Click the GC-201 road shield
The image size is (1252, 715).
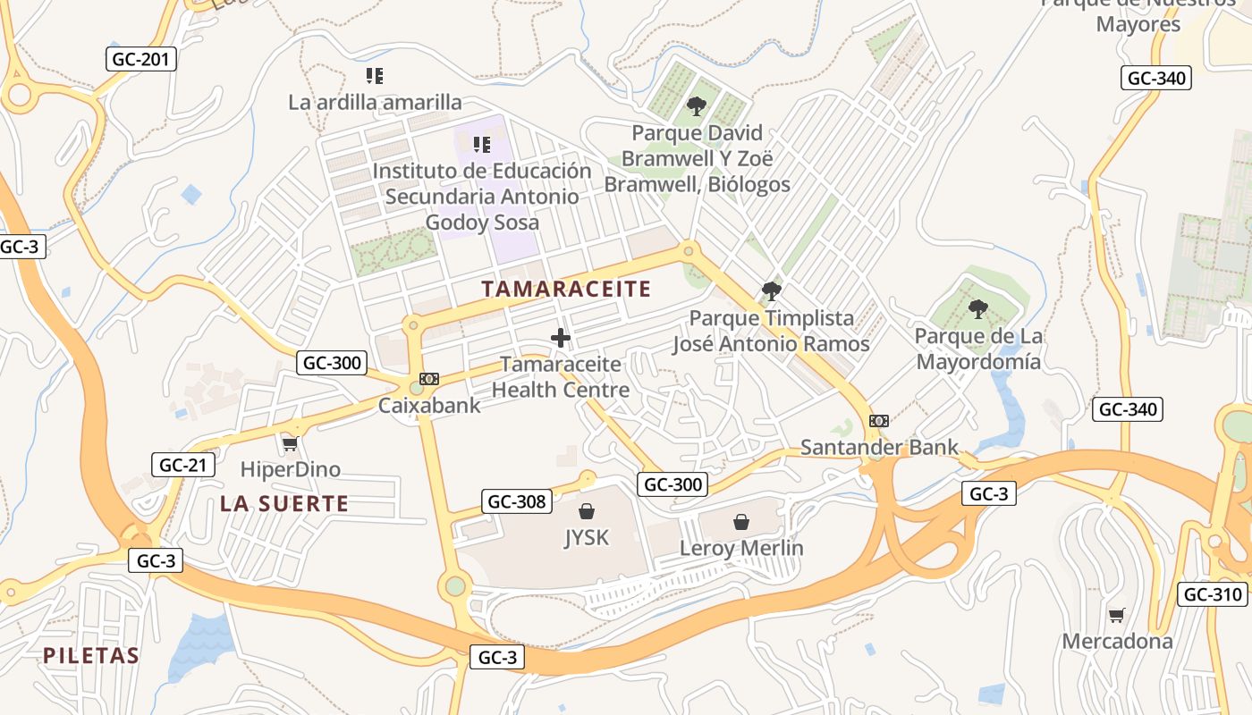tap(141, 60)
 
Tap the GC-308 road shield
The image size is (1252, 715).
tap(517, 501)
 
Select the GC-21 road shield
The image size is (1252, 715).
tap(183, 465)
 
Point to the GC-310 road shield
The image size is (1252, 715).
tap(1212, 594)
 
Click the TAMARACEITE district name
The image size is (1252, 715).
tap(566, 289)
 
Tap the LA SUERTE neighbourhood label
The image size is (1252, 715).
tap(284, 504)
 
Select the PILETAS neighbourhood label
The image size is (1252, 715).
tap(91, 656)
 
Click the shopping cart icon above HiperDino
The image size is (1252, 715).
tap(290, 443)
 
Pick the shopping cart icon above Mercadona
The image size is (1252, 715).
tap(1116, 615)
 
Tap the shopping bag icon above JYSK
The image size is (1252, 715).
tap(587, 511)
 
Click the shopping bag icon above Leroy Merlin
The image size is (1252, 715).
tap(741, 522)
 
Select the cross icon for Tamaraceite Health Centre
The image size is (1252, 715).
tap(561, 338)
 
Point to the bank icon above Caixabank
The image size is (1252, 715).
tap(429, 379)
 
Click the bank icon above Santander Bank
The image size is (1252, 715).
tap(879, 421)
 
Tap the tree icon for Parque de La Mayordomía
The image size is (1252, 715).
tap(978, 309)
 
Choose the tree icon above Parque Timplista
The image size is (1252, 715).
tap(771, 291)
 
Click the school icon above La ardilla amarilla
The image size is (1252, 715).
tap(375, 76)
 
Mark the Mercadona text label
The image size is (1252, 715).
tap(1117, 641)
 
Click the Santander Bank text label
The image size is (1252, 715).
tap(879, 447)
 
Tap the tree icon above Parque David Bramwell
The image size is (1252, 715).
tap(697, 106)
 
